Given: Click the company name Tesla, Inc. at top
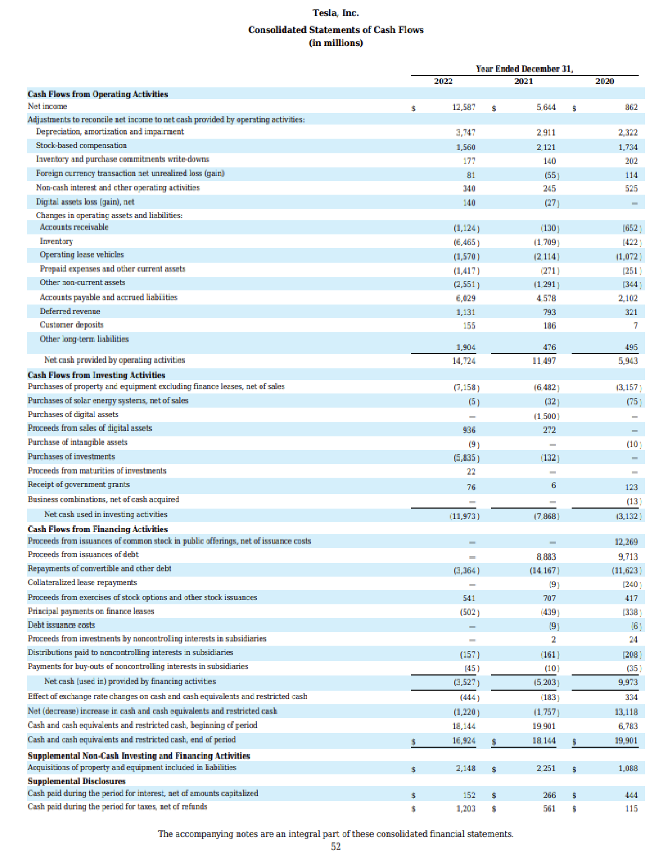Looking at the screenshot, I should pos(336,13).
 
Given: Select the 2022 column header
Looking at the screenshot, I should pos(443,81).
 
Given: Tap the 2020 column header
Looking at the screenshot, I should pos(605,81).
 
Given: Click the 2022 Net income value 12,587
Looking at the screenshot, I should pos(464,107).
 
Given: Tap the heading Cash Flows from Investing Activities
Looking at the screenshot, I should pos(96,375).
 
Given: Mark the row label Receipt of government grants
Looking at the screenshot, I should pos(79,485).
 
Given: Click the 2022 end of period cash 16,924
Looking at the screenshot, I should pos(464,741).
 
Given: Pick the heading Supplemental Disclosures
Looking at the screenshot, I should pos(76,781).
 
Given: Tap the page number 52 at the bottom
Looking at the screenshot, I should pos(336,846).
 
